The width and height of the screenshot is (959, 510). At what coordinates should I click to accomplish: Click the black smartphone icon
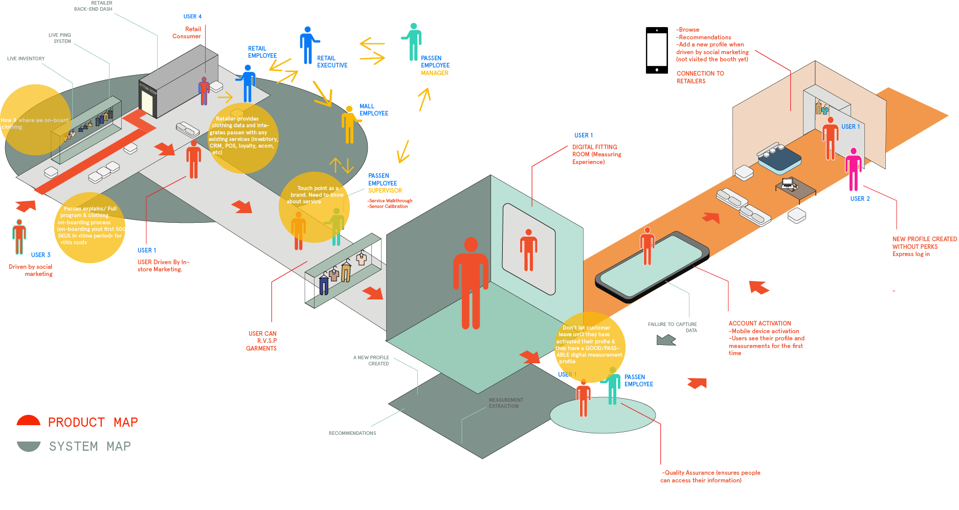pos(657,51)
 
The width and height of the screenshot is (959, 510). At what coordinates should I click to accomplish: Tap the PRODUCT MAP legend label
pos(93,423)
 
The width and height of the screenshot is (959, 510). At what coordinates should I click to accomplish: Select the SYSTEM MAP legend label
pos(90,447)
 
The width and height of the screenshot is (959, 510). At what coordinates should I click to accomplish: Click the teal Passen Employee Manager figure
pos(413,41)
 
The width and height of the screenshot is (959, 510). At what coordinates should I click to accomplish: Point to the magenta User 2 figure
pos(853,169)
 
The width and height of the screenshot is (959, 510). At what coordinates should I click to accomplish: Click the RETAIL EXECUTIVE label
pos(332,62)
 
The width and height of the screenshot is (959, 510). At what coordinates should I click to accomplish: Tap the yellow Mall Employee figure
pos(349,124)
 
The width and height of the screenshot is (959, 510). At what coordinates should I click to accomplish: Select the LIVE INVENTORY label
pos(26,59)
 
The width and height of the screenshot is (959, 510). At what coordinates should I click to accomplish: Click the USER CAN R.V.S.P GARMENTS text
pos(262,341)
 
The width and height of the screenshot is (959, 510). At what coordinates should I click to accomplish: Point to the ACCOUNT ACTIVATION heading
pos(760,323)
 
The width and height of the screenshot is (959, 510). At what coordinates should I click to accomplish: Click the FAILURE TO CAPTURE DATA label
pos(673,327)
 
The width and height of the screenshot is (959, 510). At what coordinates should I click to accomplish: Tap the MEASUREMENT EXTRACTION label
pos(505,403)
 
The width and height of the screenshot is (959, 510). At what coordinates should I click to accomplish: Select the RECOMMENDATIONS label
pos(352,433)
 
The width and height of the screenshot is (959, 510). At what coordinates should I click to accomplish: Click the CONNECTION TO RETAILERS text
pos(700,77)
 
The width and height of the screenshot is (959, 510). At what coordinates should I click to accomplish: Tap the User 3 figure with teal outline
pos(19,237)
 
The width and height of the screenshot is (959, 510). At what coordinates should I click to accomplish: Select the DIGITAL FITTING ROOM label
pos(596,154)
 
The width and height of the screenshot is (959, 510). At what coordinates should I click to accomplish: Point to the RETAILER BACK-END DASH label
pos(94,6)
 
